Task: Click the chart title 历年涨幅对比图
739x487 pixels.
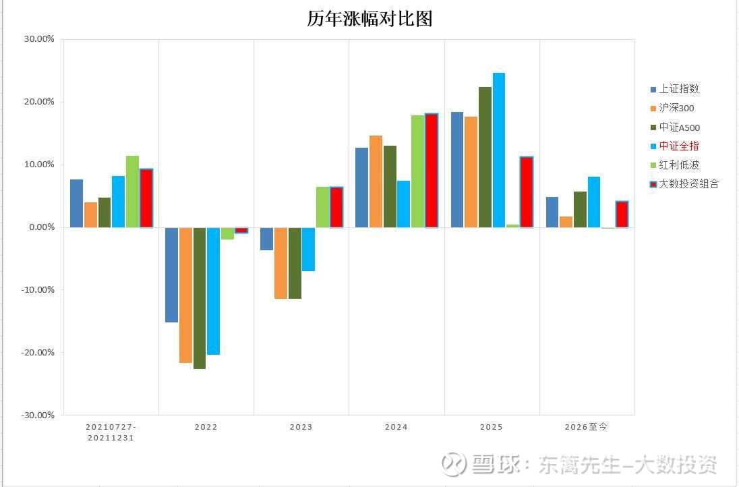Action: click(x=369, y=18)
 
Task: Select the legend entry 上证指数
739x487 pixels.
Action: click(x=679, y=89)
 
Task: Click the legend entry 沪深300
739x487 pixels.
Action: click(x=676, y=108)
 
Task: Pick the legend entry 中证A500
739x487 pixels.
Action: click(x=680, y=127)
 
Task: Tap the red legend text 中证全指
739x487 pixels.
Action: click(x=679, y=146)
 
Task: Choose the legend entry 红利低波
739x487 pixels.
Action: click(x=679, y=165)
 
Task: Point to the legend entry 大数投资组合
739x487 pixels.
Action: click(x=688, y=183)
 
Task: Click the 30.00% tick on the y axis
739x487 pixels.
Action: click(x=39, y=39)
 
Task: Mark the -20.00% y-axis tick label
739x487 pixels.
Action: click(x=38, y=352)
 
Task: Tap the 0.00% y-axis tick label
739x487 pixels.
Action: click(x=40, y=227)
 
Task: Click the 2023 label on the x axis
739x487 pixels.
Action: click(x=301, y=427)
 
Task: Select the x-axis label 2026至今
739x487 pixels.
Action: click(x=586, y=427)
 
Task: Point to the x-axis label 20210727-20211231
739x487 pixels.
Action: click(x=111, y=432)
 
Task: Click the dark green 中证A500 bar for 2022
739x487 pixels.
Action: click(x=200, y=297)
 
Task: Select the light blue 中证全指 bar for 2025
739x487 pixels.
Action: click(x=498, y=150)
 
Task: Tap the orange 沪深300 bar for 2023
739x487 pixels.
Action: click(x=280, y=262)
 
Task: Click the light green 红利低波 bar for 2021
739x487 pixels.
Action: click(x=132, y=192)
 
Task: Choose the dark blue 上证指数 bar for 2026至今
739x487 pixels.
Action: click(x=552, y=212)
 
